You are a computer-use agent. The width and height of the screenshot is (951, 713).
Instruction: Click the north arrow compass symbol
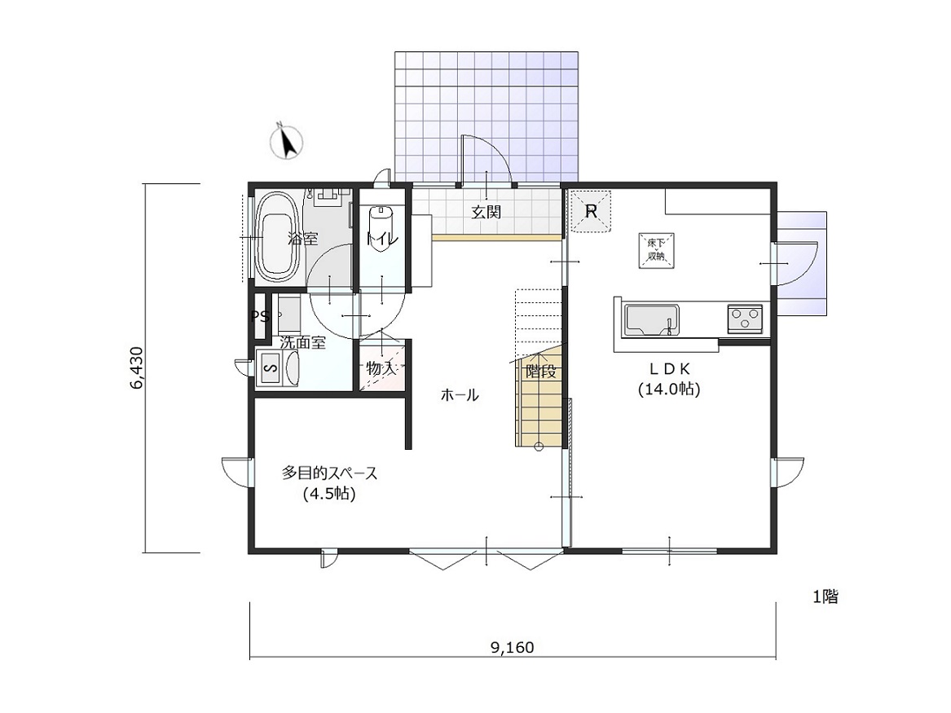click(x=286, y=141)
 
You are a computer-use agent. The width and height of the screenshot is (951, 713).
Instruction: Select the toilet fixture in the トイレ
click(x=381, y=227)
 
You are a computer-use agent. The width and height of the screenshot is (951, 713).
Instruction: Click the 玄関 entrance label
click(x=487, y=212)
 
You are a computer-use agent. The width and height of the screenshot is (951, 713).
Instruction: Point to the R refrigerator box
click(x=592, y=211)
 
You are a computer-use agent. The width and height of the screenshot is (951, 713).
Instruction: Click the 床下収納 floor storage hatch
click(x=656, y=250)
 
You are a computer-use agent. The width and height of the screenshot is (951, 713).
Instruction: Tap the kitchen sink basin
click(x=652, y=319)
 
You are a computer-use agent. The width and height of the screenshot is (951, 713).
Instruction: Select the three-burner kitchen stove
click(x=745, y=319)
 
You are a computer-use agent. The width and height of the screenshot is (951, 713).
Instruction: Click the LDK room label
click(x=670, y=368)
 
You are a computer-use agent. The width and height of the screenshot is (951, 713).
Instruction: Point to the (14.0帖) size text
click(x=669, y=390)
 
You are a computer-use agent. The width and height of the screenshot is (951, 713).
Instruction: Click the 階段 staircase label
click(x=541, y=371)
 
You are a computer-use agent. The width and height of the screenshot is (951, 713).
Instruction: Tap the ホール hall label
click(x=459, y=395)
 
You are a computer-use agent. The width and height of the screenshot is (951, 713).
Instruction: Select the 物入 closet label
click(x=381, y=368)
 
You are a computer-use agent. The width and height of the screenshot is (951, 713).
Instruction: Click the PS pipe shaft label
click(x=260, y=316)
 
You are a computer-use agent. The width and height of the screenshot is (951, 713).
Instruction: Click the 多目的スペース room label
click(x=329, y=473)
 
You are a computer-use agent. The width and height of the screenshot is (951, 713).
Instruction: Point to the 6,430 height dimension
click(x=136, y=368)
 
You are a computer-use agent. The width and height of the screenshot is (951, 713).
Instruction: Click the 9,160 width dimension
click(x=513, y=648)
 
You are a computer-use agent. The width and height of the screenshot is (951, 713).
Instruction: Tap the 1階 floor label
click(x=826, y=596)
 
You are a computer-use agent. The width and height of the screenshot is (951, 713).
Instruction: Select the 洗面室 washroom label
click(x=302, y=342)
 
